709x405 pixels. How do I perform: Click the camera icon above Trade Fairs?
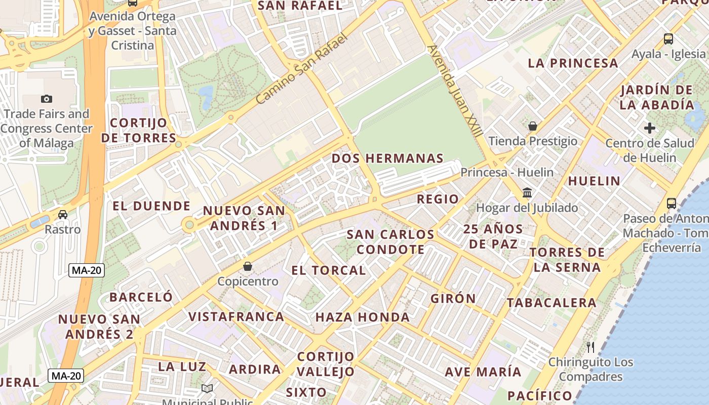(x=47, y=99)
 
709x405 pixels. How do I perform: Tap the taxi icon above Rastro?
(x=63, y=214)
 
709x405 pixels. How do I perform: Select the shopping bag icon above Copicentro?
(x=248, y=266)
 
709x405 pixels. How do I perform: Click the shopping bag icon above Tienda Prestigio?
(x=532, y=126)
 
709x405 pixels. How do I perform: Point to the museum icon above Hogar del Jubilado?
(x=527, y=193)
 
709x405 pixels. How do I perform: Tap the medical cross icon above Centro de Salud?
(x=650, y=128)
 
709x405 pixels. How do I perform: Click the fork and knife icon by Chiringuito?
(x=590, y=347)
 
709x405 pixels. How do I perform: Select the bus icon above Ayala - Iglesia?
(x=668, y=39)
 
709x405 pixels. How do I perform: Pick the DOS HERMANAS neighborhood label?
(x=387, y=158)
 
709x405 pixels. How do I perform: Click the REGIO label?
(x=438, y=199)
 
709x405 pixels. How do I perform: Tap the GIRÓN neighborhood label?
(x=453, y=299)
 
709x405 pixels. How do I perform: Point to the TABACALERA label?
(x=552, y=303)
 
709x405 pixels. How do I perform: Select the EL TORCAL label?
(x=329, y=270)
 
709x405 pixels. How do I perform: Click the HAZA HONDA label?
(x=362, y=317)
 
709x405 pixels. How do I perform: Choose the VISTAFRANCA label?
(x=236, y=317)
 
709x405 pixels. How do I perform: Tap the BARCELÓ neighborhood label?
(x=141, y=297)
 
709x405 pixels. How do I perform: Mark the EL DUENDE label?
(x=151, y=206)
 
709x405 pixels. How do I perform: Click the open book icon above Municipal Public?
(x=207, y=388)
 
